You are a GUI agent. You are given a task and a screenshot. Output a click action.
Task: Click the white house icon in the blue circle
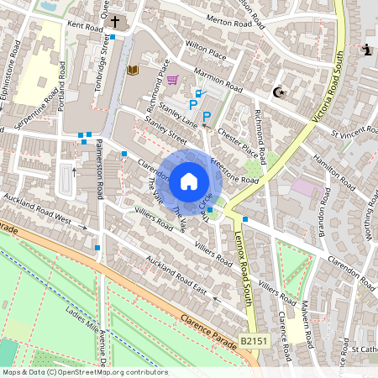coord(189,181)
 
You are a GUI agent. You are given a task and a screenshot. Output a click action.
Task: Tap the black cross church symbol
coord(114,22)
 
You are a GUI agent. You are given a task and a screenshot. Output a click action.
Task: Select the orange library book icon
coord(132,71)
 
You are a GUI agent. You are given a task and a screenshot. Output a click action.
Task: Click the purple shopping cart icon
coord(173,81)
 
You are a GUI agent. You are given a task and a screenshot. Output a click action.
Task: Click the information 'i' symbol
coord(366,50)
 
